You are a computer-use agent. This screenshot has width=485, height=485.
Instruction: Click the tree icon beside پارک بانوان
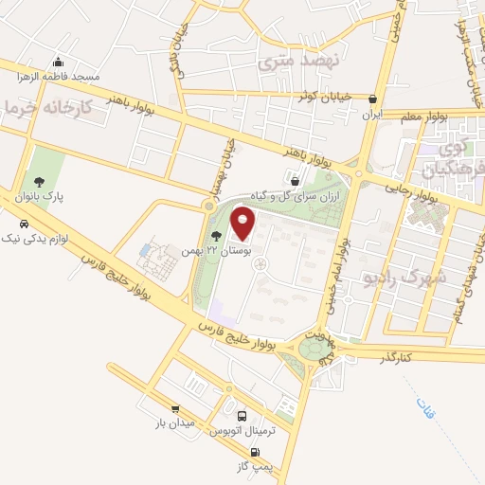pos(39,182)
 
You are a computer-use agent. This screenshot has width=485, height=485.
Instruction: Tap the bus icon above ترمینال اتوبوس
pos(242,417)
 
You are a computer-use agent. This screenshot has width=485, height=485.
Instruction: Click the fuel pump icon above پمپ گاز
pos(255,452)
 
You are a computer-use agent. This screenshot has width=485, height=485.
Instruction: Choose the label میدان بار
pos(175,422)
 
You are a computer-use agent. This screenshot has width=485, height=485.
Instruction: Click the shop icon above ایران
pos(374,99)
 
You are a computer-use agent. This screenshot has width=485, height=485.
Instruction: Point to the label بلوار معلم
pos(444,116)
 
